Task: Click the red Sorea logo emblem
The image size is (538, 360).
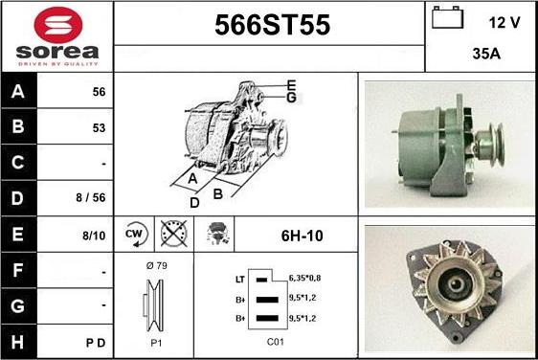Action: (x=58, y=25)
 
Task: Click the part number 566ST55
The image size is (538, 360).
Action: (x=273, y=25)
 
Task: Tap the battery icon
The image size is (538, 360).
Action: (x=447, y=17)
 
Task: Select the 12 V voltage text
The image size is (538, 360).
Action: (x=504, y=23)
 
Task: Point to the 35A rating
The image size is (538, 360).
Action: (x=486, y=54)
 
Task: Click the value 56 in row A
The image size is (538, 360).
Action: (x=99, y=92)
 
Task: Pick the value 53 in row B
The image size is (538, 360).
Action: (x=99, y=128)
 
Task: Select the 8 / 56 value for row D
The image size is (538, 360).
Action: (x=91, y=197)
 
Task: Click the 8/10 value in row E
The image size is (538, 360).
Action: (x=94, y=236)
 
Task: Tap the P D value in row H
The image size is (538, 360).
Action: (x=96, y=343)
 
